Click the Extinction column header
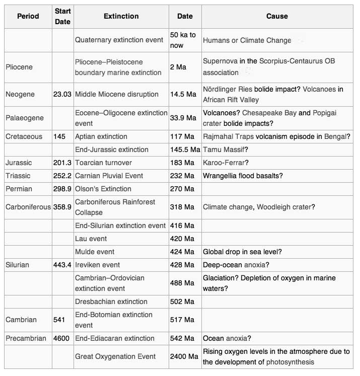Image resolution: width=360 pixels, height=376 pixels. point(121,16)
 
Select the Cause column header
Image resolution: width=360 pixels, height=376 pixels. point(277,16)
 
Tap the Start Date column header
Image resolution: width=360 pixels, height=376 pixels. point(62,16)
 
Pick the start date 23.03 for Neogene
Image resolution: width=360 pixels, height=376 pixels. point(62,94)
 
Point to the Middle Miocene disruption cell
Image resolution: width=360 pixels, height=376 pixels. point(117,94)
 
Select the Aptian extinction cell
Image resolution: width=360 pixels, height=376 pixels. point(101,136)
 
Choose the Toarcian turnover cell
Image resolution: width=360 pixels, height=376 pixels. point(103,163)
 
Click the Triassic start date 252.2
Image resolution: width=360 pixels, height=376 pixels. point(62,176)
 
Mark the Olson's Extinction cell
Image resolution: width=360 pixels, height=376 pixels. point(103,189)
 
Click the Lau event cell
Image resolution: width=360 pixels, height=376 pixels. point(91,239)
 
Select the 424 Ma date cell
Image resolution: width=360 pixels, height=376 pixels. point(182,252)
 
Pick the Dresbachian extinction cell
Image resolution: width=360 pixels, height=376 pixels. point(111,302)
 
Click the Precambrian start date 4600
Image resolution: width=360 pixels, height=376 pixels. point(61,338)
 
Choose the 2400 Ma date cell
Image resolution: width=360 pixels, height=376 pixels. point(184,356)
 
